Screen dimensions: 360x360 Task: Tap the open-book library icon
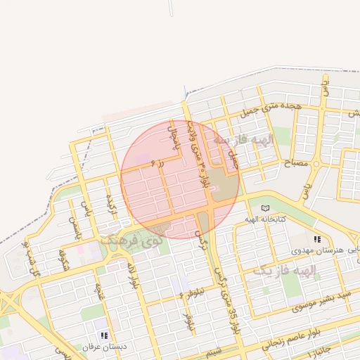coord(265,208)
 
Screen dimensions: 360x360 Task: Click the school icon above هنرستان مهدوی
coord(317,239)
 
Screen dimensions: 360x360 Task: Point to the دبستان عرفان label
coord(103,347)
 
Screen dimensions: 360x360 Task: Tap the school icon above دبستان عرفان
coord(105,336)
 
